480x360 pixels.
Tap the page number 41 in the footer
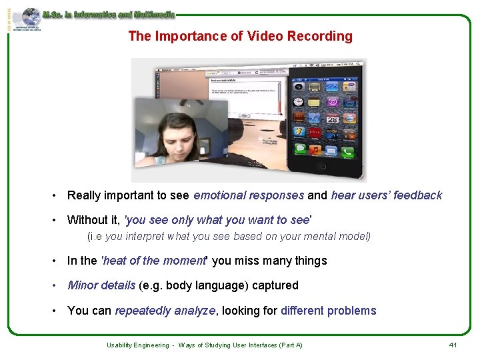pos(453,345)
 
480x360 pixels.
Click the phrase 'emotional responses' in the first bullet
pos(249,195)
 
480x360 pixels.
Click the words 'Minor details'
pos(101,285)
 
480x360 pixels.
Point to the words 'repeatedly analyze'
pos(165,311)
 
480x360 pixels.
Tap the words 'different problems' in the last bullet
pos(328,311)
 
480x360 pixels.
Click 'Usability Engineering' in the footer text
pos(138,345)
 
